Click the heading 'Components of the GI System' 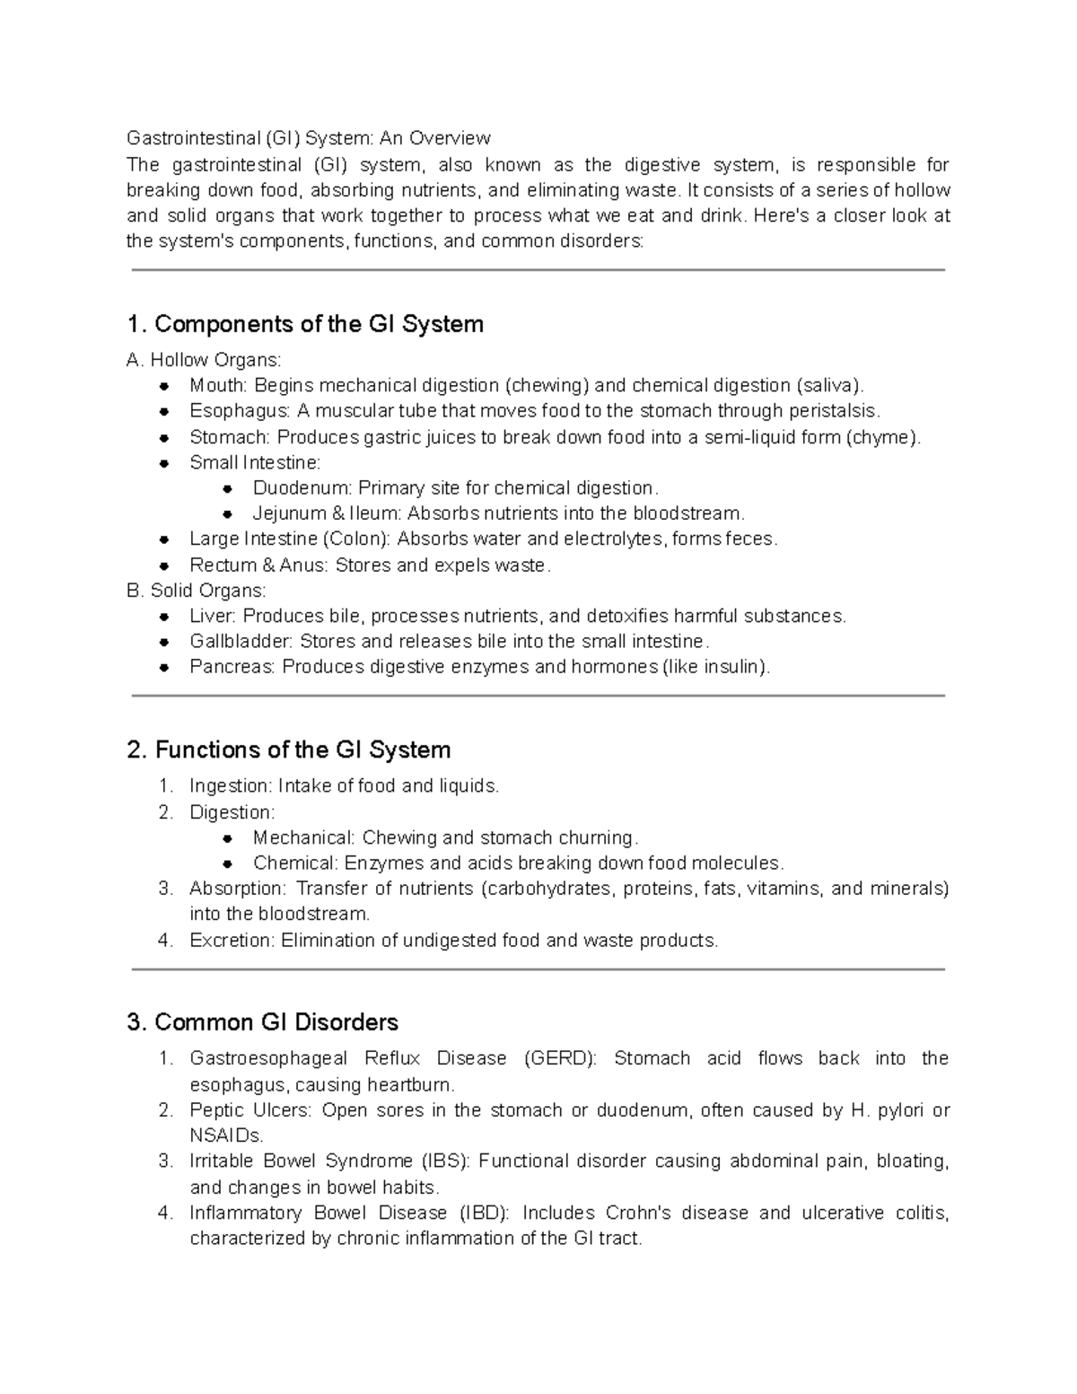[x=319, y=324]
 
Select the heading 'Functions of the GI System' [x=302, y=750]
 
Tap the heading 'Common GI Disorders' [x=276, y=1022]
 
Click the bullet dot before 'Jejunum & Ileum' [x=228, y=514]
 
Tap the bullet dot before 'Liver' [x=164, y=617]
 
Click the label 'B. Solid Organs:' [x=197, y=591]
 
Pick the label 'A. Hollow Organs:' [x=205, y=360]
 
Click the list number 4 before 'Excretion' [x=164, y=941]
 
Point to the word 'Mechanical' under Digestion [x=303, y=837]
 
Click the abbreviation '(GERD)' [x=559, y=1058]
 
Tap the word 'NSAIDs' [x=226, y=1135]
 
